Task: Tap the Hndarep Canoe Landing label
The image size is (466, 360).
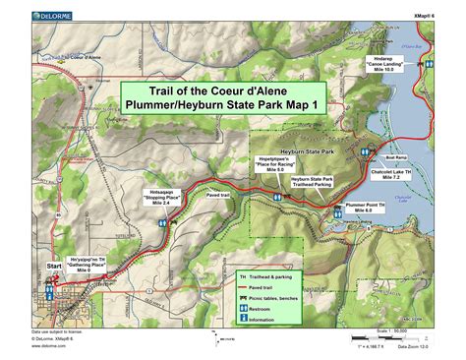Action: click(386, 62)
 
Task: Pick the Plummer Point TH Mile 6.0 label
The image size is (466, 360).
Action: click(358, 207)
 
